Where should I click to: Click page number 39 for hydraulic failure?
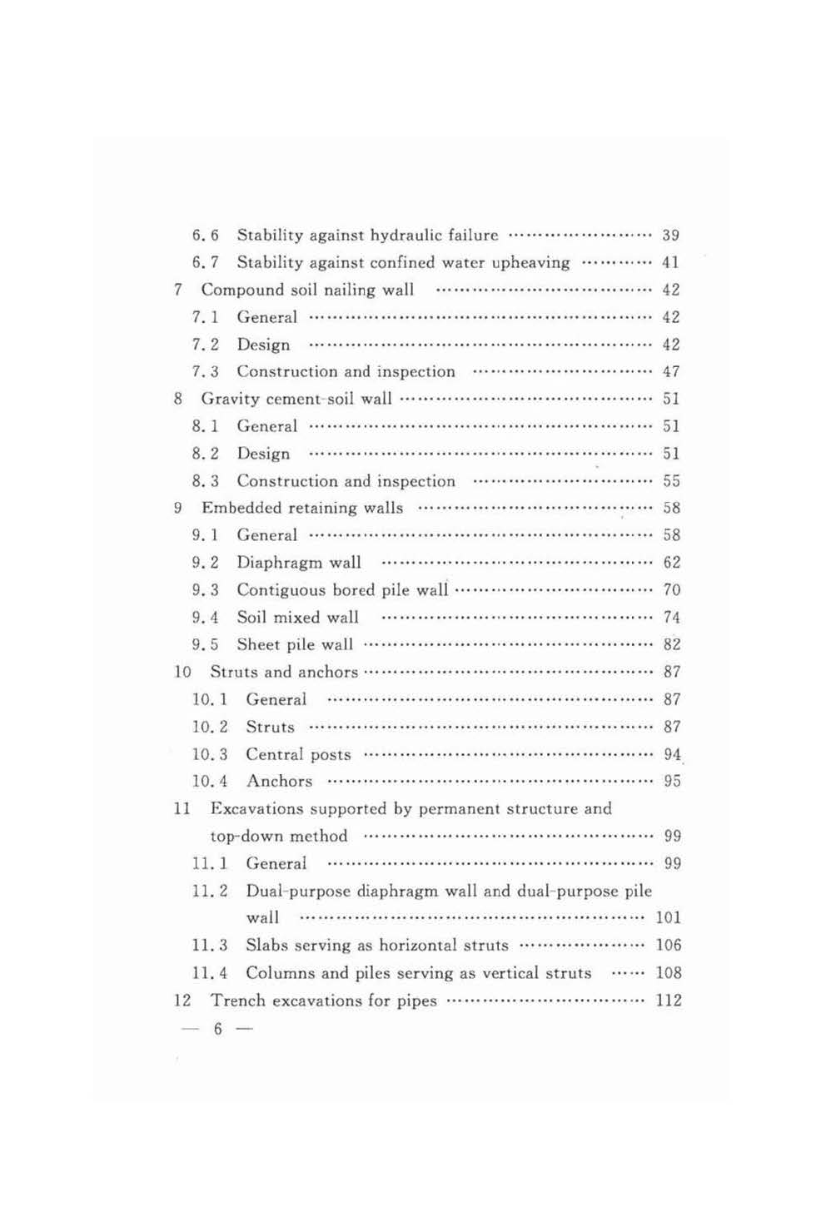click(670, 236)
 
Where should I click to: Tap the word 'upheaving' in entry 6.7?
click(530, 263)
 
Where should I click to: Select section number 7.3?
click(205, 372)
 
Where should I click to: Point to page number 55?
click(671, 481)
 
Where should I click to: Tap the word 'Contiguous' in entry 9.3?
click(281, 590)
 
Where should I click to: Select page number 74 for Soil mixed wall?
click(671, 618)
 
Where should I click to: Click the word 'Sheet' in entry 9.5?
click(257, 644)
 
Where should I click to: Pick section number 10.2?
click(210, 727)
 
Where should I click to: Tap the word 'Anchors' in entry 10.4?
click(280, 782)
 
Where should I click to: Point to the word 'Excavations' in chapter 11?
click(256, 809)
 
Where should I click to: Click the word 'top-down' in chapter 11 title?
click(242, 837)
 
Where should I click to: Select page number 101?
click(668, 918)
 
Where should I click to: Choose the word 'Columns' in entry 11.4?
click(280, 973)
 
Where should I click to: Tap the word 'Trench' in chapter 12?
click(236, 1001)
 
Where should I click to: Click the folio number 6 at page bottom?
click(218, 1030)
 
